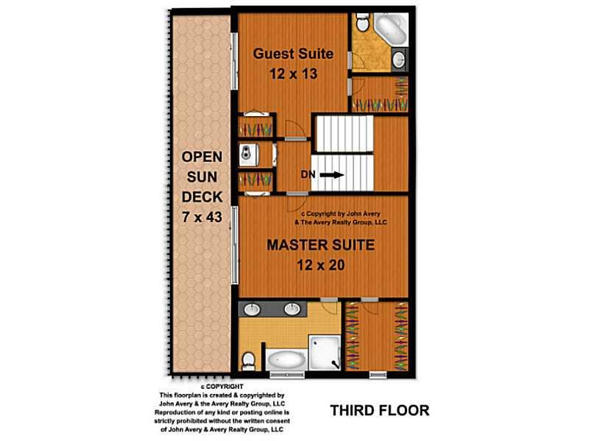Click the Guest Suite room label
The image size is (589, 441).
click(293, 54)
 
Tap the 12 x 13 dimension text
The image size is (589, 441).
click(293, 74)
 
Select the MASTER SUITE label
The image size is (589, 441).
click(321, 245)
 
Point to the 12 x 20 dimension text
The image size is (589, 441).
click(321, 265)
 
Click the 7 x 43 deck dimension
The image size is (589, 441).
click(202, 217)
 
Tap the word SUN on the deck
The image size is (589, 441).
click(202, 176)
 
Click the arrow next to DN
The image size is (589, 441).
click(332, 175)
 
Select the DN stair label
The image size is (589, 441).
click(308, 174)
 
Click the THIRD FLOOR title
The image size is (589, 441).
click(380, 410)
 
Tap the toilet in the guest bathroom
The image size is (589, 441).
click(363, 23)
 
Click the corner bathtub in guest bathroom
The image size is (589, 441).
click(391, 29)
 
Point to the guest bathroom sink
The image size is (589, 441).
click(399, 59)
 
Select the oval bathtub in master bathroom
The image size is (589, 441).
click(287, 360)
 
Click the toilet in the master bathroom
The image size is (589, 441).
click(248, 360)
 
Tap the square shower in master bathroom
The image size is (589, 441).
click(325, 353)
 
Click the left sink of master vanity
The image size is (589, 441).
click(252, 309)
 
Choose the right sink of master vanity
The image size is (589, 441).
click(292, 309)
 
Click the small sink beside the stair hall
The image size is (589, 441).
click(248, 154)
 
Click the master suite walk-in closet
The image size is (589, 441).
click(377, 336)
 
